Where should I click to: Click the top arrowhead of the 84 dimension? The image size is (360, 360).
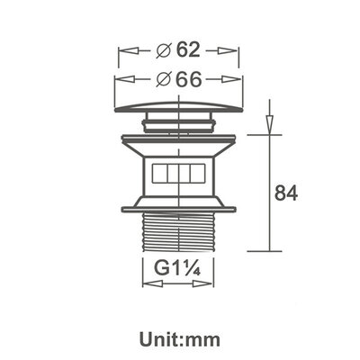(269, 120)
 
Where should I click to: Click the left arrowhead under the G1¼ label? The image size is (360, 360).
(147, 283)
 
